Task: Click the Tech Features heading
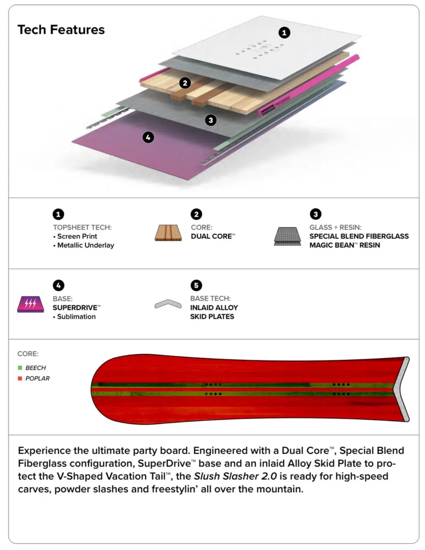point(61,30)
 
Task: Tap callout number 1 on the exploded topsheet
point(284,33)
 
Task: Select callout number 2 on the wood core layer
point(185,83)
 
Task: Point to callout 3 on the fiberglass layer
point(211,120)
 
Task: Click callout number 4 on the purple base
point(148,137)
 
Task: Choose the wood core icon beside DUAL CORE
point(168,233)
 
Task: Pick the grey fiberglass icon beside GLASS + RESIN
point(287,236)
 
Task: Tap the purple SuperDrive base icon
point(31,304)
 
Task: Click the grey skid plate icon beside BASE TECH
point(168,304)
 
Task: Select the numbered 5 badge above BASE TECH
point(196,285)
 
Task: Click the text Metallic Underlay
point(85,245)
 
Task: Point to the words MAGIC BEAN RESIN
point(345,245)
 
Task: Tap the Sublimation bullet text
point(76,317)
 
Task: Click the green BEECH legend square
point(20,368)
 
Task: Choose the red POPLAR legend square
point(20,379)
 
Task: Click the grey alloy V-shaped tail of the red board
point(404,388)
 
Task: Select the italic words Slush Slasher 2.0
point(235,476)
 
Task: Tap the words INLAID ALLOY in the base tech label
point(214,307)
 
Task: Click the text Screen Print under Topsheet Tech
point(77,236)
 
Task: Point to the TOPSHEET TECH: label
point(82,227)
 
